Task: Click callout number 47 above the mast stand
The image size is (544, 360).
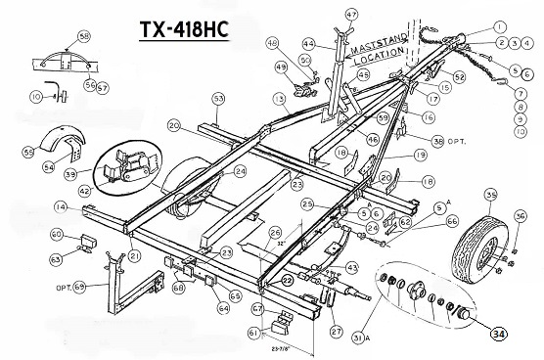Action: [x=351, y=13]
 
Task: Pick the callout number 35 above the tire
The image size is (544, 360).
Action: [x=489, y=195]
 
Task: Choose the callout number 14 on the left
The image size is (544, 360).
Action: [x=61, y=206]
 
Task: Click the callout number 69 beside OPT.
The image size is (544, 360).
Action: [x=80, y=285]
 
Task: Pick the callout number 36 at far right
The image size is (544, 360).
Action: [x=520, y=216]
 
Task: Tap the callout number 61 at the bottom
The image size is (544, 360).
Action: [x=254, y=333]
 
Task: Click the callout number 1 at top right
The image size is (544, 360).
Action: [x=500, y=26]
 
